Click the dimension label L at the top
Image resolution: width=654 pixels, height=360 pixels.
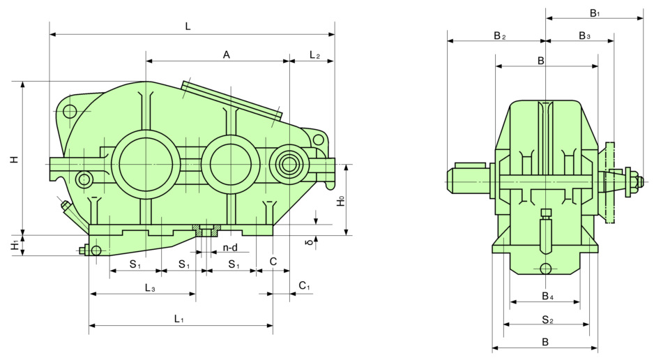188,27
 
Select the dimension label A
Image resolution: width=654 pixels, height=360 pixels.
227,54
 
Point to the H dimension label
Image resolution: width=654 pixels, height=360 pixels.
14,159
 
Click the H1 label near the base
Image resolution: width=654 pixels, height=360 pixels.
14,246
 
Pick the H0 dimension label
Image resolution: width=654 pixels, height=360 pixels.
340,201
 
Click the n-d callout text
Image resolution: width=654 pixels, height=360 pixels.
230,248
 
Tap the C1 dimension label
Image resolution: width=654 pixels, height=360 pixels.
304,286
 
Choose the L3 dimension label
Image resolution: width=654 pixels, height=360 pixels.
149,287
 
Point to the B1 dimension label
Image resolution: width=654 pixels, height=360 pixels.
595,13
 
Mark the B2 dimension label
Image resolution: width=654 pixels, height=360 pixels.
499,35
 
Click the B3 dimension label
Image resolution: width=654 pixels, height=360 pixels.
584,35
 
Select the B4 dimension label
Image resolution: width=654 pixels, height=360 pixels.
548,297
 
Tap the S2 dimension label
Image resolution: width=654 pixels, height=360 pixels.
547,320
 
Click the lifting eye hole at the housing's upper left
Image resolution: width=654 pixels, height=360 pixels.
70,110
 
